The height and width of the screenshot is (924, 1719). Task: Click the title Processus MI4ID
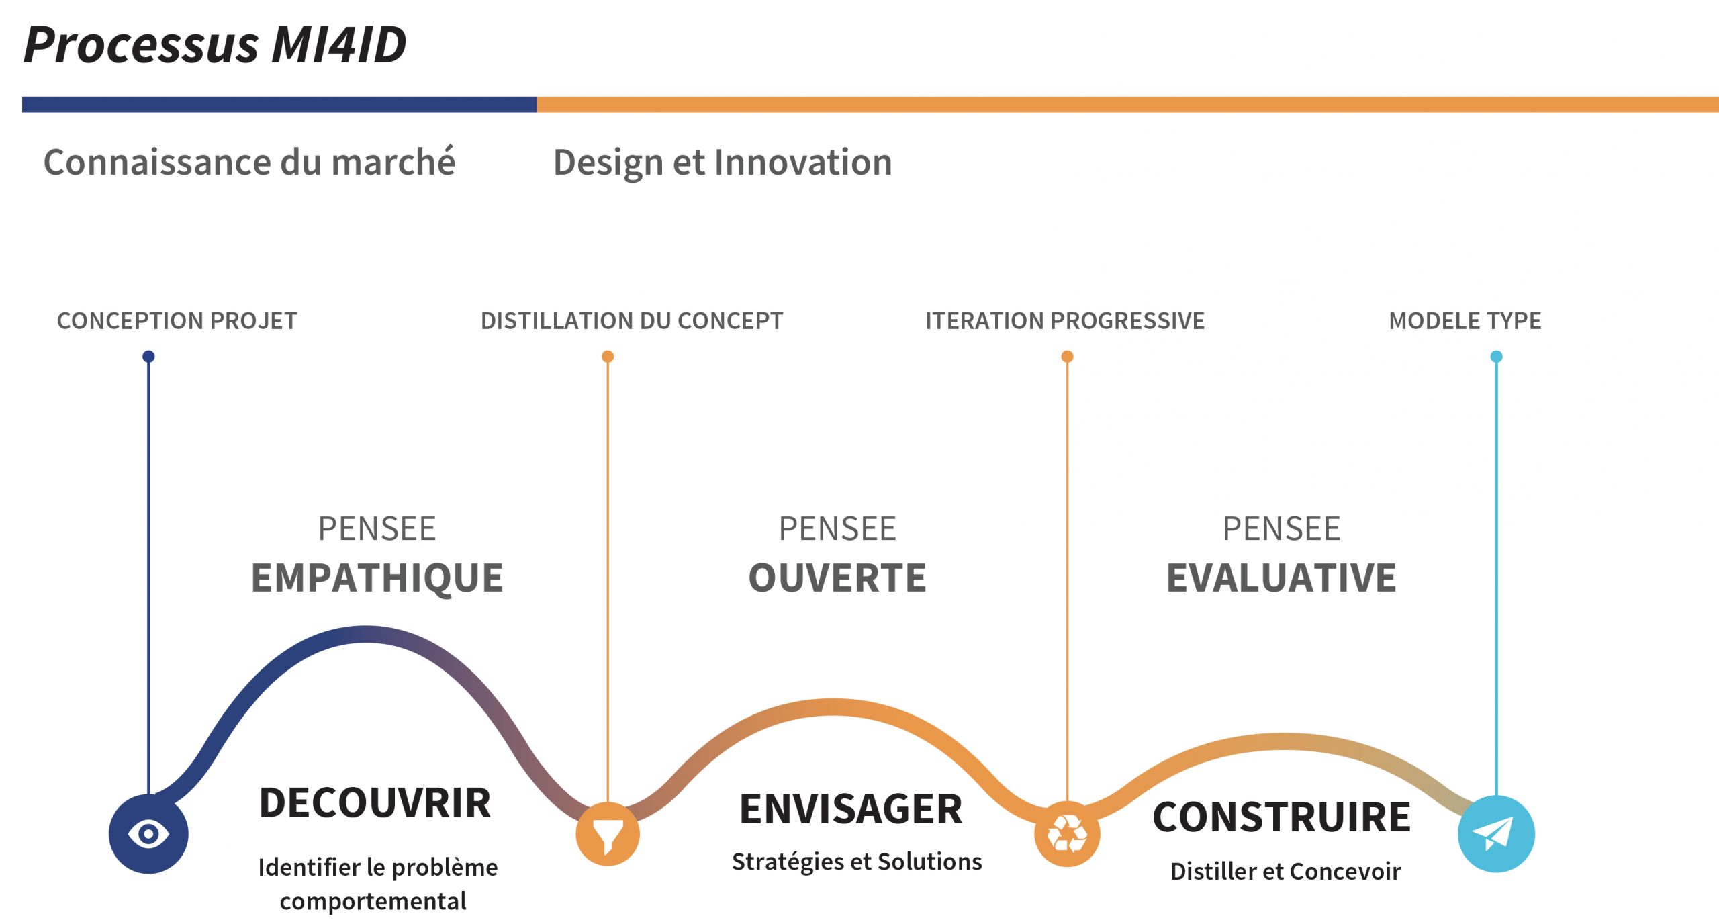point(215,45)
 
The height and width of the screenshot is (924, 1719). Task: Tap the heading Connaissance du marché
point(249,162)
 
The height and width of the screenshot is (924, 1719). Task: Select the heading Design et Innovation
point(723,163)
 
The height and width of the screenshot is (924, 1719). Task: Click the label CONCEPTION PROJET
point(177,321)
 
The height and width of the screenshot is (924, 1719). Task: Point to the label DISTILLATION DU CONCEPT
point(632,321)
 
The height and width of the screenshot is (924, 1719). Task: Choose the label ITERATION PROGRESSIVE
point(1065,321)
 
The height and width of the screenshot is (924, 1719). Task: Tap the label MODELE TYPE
point(1465,321)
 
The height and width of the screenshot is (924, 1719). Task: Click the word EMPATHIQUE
point(377,578)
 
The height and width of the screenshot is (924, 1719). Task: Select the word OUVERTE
point(837,578)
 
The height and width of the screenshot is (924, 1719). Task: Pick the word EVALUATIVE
point(1281,578)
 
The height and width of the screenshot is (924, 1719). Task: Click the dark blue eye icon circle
point(148,834)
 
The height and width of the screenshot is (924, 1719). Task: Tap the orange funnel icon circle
point(608,834)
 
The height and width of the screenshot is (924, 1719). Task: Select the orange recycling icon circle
point(1067,834)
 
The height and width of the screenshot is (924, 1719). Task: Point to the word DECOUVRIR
point(375,803)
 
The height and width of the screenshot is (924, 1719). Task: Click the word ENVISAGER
point(851,809)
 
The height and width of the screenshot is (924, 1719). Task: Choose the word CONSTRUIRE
point(1282,817)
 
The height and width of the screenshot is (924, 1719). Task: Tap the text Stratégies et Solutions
point(857,862)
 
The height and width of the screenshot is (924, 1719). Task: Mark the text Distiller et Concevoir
point(1285,872)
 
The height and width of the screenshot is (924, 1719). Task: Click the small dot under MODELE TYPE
point(1496,357)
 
